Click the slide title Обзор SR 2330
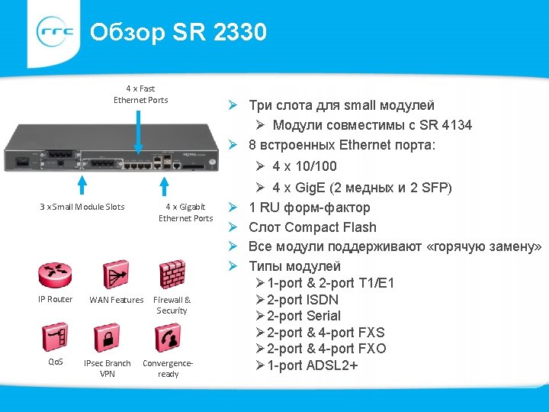[178, 33]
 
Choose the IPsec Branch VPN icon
[107, 336]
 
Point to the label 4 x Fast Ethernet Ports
[141, 95]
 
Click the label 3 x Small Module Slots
[82, 207]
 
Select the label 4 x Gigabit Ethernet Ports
[185, 212]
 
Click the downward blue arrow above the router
[139, 134]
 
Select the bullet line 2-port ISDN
[303, 300]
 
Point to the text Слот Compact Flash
[313, 227]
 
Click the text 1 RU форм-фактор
[310, 208]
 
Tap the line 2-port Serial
[304, 316]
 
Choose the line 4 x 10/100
[304, 166]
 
